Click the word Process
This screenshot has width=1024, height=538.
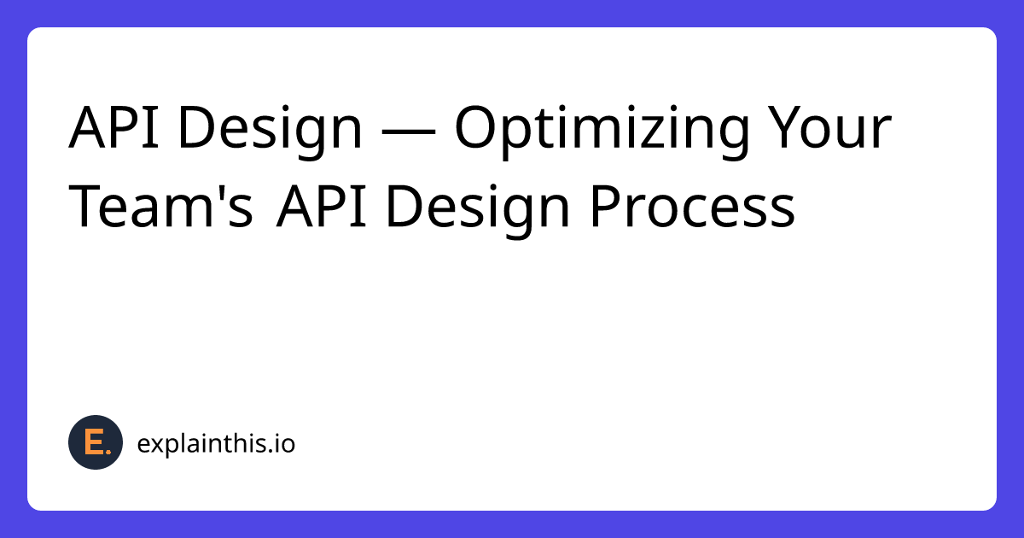pyautogui.click(x=692, y=208)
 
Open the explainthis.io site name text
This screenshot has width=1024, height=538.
pyautogui.click(x=216, y=444)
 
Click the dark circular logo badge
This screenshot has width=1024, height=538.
pyautogui.click(x=96, y=443)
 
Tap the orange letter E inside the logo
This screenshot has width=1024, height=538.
pyautogui.click(x=93, y=442)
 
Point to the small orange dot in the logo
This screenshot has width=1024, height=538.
pyautogui.click(x=107, y=451)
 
